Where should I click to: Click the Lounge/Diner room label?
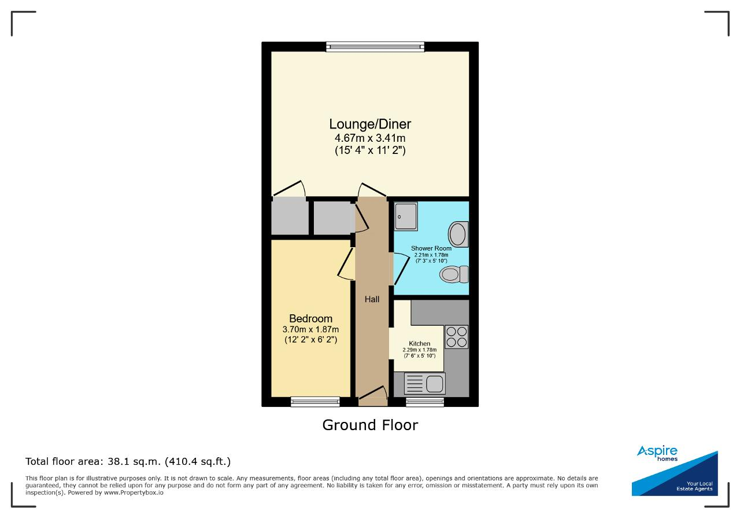point(370,124)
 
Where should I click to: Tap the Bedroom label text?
point(310,318)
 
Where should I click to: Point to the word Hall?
point(372,299)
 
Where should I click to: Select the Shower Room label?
point(431,248)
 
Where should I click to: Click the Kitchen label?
point(420,343)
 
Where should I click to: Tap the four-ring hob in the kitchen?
point(457,337)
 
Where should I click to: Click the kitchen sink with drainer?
point(425,384)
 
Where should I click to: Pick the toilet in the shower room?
point(454,274)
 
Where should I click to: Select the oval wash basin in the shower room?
point(458,234)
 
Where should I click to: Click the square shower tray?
point(406,216)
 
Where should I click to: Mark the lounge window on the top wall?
point(375,47)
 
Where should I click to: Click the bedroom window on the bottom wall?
point(315,402)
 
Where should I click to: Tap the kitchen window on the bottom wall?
point(425,402)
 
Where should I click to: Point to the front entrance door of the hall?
point(373,396)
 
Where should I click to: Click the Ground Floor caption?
point(370,425)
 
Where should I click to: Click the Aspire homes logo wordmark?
point(657,453)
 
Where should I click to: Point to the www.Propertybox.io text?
point(134,493)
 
